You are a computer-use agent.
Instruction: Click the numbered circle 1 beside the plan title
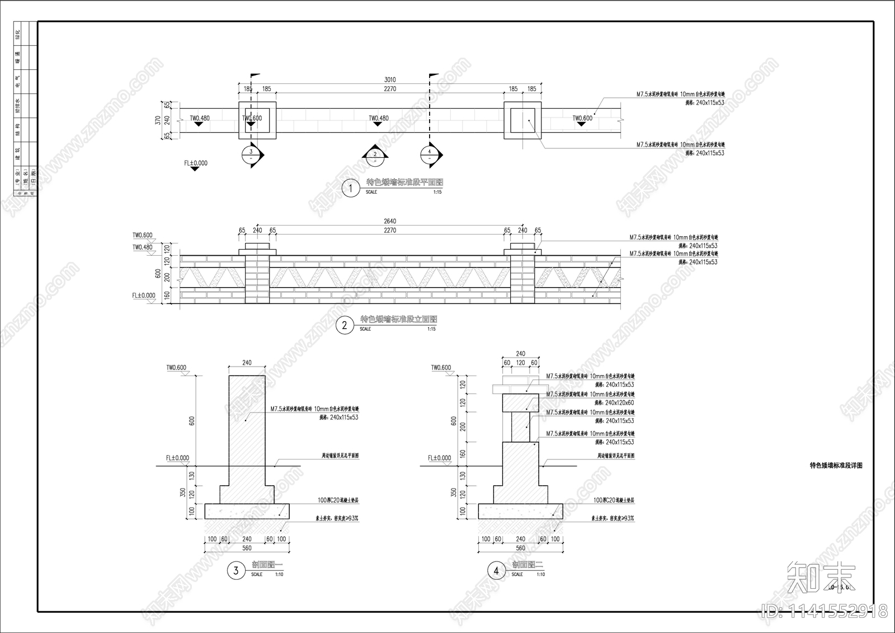click(351, 188)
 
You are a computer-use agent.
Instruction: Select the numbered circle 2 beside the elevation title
click(345, 325)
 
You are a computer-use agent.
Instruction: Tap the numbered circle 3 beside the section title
click(236, 571)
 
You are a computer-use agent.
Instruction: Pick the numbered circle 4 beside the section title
click(496, 571)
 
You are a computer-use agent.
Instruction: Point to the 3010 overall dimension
click(390, 80)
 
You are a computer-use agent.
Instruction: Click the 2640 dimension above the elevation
click(390, 222)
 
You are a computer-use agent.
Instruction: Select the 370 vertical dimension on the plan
click(158, 120)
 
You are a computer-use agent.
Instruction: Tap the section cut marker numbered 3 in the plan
click(251, 155)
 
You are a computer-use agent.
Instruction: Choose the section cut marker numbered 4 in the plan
click(430, 155)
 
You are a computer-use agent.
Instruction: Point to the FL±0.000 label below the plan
click(196, 163)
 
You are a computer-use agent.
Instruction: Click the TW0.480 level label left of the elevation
click(142, 247)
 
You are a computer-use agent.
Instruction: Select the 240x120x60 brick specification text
click(620, 403)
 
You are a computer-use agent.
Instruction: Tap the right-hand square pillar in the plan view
click(522, 120)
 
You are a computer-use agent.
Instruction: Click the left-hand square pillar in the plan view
click(257, 120)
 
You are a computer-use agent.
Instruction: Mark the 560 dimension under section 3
click(247, 548)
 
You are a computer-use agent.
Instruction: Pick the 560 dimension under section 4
click(520, 548)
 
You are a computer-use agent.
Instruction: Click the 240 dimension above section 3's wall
click(247, 363)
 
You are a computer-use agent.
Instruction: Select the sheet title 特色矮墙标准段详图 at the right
click(836, 466)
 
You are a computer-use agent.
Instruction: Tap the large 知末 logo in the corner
click(821, 578)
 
